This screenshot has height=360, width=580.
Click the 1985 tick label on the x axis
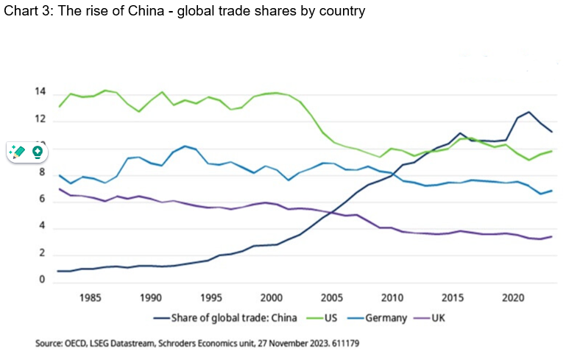click(x=91, y=297)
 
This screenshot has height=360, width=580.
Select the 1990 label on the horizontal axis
click(x=151, y=297)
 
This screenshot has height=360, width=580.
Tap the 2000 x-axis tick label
click(x=272, y=297)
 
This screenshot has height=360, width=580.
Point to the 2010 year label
click(x=392, y=297)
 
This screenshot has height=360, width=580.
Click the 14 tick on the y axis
click(x=40, y=93)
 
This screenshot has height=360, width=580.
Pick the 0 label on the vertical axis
click(x=43, y=280)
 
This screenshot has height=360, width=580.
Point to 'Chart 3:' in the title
click(x=24, y=11)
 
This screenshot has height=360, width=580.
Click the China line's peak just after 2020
click(x=528, y=112)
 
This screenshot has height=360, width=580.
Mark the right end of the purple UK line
click(x=551, y=236)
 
